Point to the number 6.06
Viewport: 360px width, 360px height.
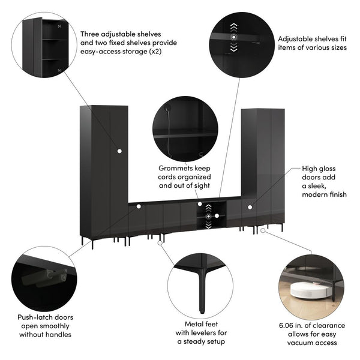tap(288, 325)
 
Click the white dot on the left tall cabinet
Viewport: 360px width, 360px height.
tap(119, 150)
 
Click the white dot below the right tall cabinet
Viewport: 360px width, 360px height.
tap(263, 230)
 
